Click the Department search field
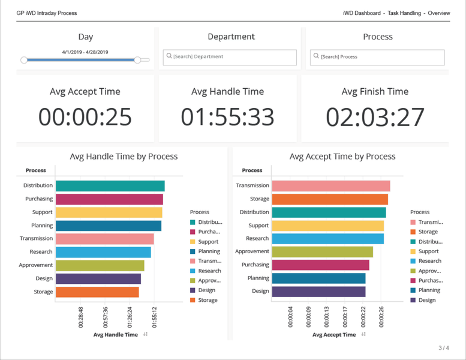231,57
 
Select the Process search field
378,57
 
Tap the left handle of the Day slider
24,60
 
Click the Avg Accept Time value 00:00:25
85,117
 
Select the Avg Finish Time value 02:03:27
375,117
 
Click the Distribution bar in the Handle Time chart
110,186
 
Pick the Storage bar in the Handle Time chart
97,292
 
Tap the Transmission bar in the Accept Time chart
330,186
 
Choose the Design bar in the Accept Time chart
318,292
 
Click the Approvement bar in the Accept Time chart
322,252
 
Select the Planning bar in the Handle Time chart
108,226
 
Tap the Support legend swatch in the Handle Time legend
193,242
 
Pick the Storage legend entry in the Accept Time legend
428,232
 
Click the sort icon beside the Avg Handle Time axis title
146,335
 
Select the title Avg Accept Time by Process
342,157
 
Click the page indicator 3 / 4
443,348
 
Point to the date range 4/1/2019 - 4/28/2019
85,52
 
